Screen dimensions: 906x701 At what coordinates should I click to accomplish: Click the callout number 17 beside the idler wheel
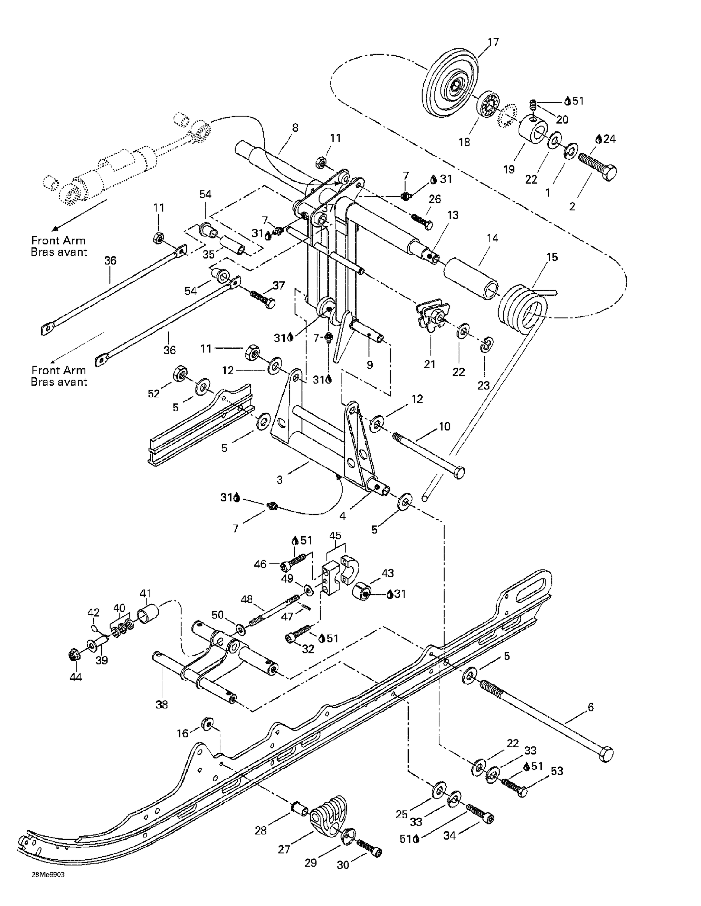click(493, 42)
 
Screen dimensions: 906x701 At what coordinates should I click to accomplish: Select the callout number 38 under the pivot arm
click(162, 704)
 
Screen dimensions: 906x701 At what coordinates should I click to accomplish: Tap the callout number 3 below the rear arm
click(280, 480)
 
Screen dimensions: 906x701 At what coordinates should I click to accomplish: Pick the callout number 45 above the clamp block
click(335, 535)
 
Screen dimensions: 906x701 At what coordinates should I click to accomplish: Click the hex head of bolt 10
click(459, 473)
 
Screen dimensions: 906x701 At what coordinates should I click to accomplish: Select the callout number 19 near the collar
click(509, 169)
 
